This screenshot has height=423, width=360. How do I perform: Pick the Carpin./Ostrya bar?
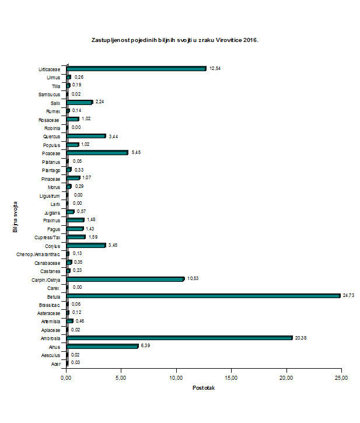pyautogui.click(x=125, y=279)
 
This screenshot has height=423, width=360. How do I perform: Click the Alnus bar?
pyautogui.click(x=103, y=346)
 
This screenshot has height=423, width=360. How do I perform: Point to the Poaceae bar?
pyautogui.click(x=97, y=153)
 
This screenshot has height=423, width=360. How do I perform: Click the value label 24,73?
pyautogui.click(x=349, y=296)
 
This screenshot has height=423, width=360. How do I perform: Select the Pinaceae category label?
pyautogui.click(x=51, y=179)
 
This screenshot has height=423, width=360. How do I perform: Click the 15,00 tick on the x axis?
pyautogui.click(x=231, y=379)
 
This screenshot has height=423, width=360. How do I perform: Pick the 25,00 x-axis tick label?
pyautogui.click(x=341, y=379)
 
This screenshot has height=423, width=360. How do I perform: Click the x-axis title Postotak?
pyautogui.click(x=204, y=389)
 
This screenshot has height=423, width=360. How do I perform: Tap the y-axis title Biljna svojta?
pyautogui.click(x=15, y=217)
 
